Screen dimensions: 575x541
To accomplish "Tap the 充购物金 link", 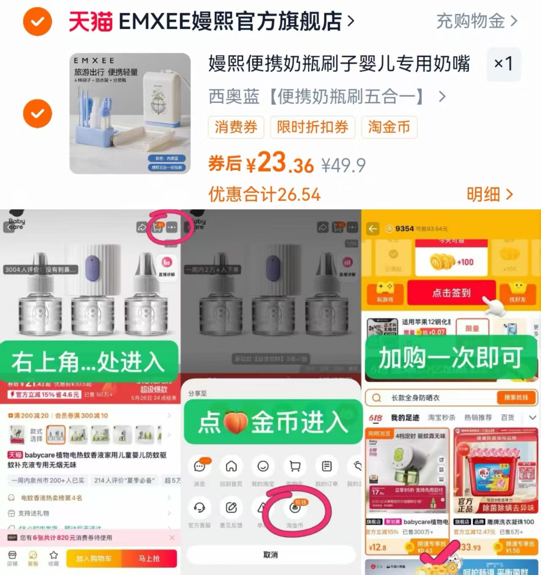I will pyautogui.click(x=476, y=21).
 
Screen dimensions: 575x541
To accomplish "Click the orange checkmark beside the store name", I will pyautogui.click(x=37, y=21).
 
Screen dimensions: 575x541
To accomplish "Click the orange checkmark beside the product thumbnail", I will pyautogui.click(x=37, y=114).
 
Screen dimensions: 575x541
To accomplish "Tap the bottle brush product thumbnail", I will pyautogui.click(x=130, y=113).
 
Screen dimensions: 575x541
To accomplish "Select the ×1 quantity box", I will pyautogui.click(x=503, y=64).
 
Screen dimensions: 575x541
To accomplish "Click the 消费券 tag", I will pyautogui.click(x=236, y=127).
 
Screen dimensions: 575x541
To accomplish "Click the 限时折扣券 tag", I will pyautogui.click(x=313, y=127).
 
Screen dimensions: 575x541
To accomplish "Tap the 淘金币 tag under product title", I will pyautogui.click(x=389, y=127).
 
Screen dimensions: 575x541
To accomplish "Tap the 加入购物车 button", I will pyautogui.click(x=93, y=559).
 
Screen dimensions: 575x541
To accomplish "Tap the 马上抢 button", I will pyautogui.click(x=149, y=559).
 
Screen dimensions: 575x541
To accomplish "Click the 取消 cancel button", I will pyautogui.click(x=270, y=555).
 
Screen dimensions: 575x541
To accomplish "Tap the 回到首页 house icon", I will pyautogui.click(x=231, y=466).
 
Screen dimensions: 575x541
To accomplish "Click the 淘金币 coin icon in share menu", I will pyautogui.click(x=295, y=508).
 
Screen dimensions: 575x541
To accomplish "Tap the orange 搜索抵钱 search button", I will pyautogui.click(x=516, y=397).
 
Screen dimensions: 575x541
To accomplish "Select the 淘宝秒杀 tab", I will pyautogui.click(x=442, y=418).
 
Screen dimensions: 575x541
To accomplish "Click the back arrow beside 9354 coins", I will pyautogui.click(x=373, y=229).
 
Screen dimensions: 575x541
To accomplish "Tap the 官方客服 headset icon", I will pyautogui.click(x=199, y=508).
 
